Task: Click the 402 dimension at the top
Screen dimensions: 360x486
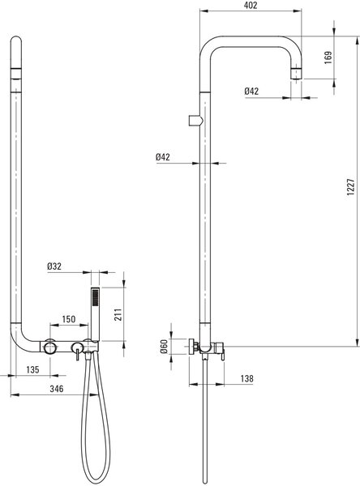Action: [251, 6]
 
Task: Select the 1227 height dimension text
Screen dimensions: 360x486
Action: [351, 186]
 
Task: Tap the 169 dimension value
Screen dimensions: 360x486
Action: [328, 58]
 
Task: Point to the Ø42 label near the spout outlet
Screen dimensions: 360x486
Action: [251, 91]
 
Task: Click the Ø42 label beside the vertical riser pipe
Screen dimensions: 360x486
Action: [163, 157]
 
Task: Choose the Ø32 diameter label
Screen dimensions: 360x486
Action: [54, 266]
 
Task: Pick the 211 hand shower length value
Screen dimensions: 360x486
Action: [119, 314]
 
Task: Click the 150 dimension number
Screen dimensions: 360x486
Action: [69, 319]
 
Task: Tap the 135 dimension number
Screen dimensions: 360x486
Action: [32, 369]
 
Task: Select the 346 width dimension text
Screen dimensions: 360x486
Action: [57, 389]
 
